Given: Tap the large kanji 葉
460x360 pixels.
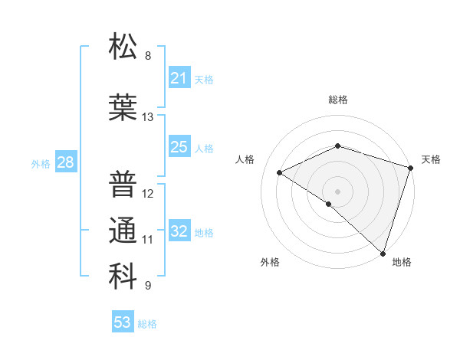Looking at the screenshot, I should [123, 107].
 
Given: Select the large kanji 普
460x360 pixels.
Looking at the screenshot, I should [123, 184].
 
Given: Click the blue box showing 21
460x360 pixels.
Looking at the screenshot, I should [179, 78].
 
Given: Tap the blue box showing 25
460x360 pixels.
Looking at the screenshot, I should [179, 147].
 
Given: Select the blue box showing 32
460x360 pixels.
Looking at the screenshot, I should [179, 231].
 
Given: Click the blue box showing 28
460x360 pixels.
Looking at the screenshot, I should [65, 162].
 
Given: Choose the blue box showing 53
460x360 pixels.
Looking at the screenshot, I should [123, 322].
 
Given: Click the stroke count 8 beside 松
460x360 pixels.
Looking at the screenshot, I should [148, 56].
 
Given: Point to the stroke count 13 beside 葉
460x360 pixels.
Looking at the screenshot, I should [148, 117].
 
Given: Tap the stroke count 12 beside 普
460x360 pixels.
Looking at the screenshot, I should [148, 193].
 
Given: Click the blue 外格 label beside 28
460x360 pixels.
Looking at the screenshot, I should [40, 163].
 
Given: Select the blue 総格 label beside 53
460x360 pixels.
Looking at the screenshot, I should [147, 323].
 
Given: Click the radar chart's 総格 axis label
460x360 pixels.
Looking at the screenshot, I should [337, 100].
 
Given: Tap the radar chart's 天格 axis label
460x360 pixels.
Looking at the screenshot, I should [431, 159].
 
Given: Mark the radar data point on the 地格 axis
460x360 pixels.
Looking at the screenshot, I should [381, 252].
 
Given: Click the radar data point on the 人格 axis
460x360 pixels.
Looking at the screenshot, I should [280, 172].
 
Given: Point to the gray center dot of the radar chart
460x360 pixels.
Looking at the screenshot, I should [337, 191].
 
